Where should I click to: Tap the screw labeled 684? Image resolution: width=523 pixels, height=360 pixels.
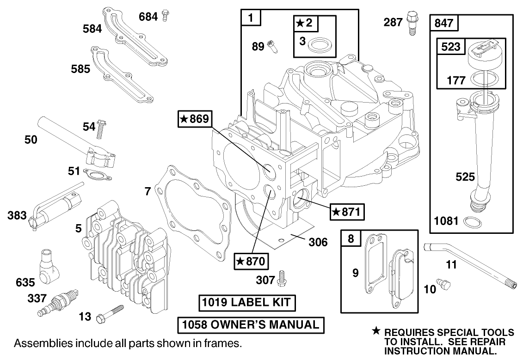pyautogui.click(x=166, y=17)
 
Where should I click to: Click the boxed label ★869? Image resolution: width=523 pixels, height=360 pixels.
pyautogui.click(x=194, y=119)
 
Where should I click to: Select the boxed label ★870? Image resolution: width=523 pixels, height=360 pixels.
pyautogui.click(x=250, y=261)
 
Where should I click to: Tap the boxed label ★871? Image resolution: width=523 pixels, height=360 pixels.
pyautogui.click(x=347, y=212)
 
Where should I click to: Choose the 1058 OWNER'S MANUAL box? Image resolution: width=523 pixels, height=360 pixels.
pyautogui.click(x=251, y=325)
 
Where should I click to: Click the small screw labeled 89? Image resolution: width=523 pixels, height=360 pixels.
pyautogui.click(x=272, y=46)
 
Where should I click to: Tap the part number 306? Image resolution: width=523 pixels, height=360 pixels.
pyautogui.click(x=318, y=242)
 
